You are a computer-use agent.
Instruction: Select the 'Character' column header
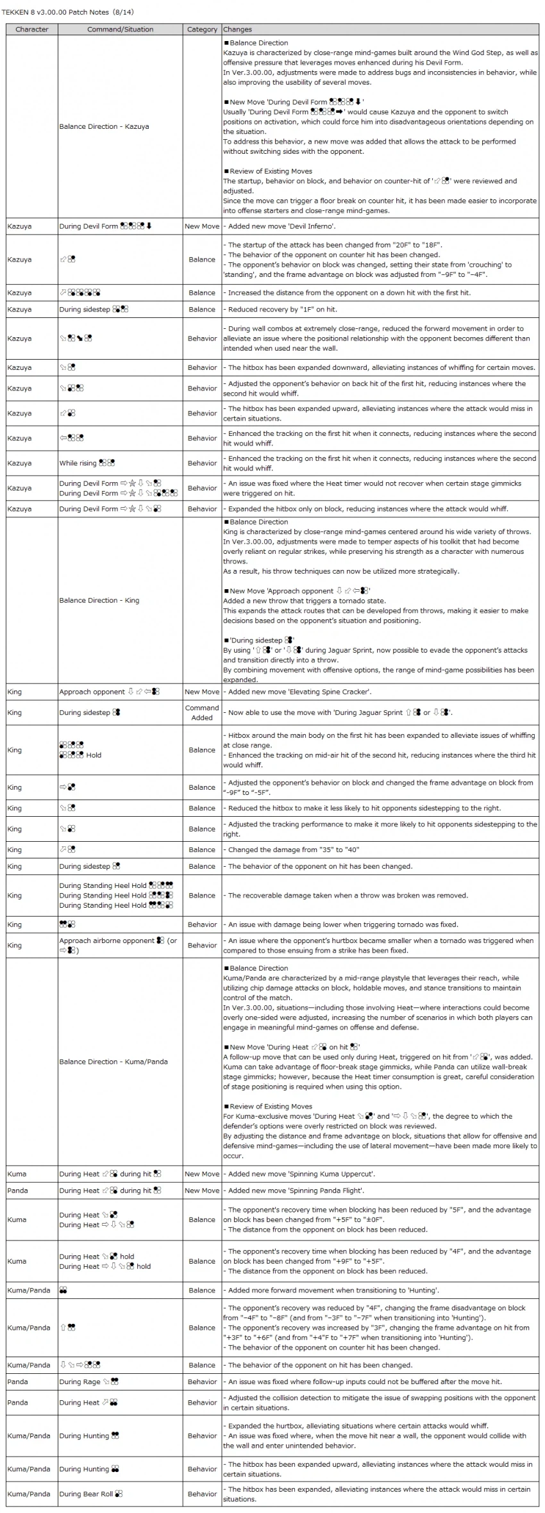[32, 29]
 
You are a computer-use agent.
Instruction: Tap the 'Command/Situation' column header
[121, 29]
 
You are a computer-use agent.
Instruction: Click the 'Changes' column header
[238, 29]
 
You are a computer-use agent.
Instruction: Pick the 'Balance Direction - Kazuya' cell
[104, 127]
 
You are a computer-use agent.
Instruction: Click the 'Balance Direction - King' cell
[99, 601]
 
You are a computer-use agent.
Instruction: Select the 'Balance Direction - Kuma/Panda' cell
[113, 1062]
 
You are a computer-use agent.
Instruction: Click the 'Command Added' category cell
[202, 713]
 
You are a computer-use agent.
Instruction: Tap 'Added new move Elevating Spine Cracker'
[299, 692]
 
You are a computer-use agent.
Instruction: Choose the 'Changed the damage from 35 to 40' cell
[294, 850]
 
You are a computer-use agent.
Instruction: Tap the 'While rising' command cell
[87, 464]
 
